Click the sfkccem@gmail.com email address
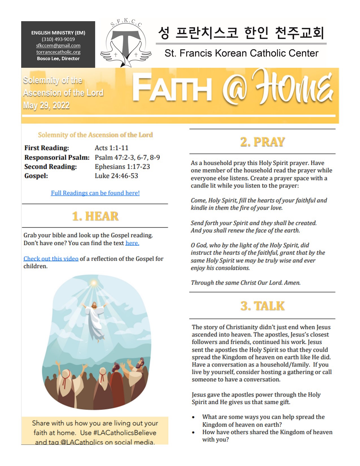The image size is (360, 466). click(x=58, y=45)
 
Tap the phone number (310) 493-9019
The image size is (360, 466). click(x=58, y=39)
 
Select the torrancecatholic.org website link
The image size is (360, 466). click(x=58, y=52)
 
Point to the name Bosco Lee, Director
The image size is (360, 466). click(x=58, y=58)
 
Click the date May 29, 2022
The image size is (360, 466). click(x=46, y=105)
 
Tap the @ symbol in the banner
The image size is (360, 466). click(x=234, y=91)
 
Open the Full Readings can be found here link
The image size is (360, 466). click(x=95, y=193)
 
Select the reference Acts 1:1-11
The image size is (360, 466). click(x=112, y=148)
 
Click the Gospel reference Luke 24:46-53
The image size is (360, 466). click(x=116, y=176)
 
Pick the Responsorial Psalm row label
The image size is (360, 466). click(x=57, y=157)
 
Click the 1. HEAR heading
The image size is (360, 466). click(x=95, y=216)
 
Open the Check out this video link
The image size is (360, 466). click(x=51, y=259)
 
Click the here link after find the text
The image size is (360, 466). click(x=132, y=243)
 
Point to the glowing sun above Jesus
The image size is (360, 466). click(x=94, y=283)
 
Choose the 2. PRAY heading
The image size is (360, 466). click(x=262, y=142)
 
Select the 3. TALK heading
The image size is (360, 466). click(x=262, y=306)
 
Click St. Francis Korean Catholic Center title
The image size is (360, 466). click(x=241, y=53)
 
